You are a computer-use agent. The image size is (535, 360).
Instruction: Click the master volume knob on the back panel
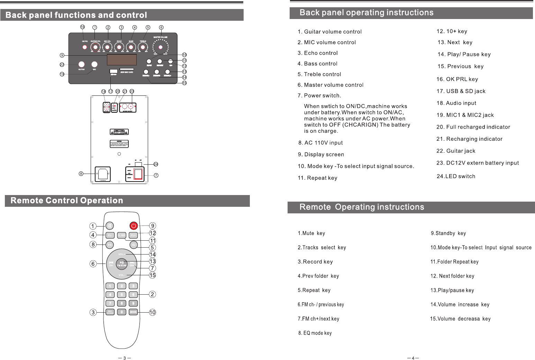[160, 47]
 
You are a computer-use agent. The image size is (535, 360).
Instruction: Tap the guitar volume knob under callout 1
[95, 47]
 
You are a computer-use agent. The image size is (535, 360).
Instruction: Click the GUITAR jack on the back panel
[81, 64]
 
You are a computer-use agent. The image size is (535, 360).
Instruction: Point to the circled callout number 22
[62, 65]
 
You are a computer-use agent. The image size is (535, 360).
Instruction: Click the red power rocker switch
[138, 174]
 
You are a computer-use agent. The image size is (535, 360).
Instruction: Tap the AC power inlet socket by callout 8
[103, 174]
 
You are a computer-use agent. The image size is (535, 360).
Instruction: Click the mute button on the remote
[109, 226]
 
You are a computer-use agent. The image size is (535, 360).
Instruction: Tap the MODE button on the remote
[133, 312]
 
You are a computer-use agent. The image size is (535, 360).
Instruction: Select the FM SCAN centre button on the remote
[121, 264]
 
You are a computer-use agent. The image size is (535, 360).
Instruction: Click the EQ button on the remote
[109, 245]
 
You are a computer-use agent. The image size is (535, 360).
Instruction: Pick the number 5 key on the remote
[121, 295]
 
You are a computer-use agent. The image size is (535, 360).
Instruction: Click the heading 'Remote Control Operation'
[67, 201]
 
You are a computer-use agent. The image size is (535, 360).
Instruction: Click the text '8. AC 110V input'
[320, 143]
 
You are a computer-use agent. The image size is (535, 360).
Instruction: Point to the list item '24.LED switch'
[456, 176]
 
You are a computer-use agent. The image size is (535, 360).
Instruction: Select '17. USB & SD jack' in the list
[461, 91]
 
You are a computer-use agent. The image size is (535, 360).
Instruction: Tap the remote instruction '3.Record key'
[315, 262]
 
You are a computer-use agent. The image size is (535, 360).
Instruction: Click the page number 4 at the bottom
[413, 358]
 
